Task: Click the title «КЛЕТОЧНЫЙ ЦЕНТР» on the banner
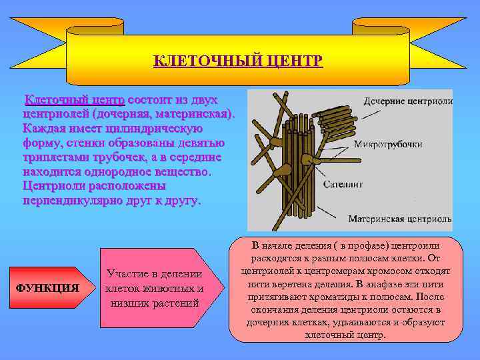(238, 62)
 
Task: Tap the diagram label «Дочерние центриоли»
(408, 101)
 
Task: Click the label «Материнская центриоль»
(400, 218)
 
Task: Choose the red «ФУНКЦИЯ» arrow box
(47, 288)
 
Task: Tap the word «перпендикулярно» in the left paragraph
(67, 199)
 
